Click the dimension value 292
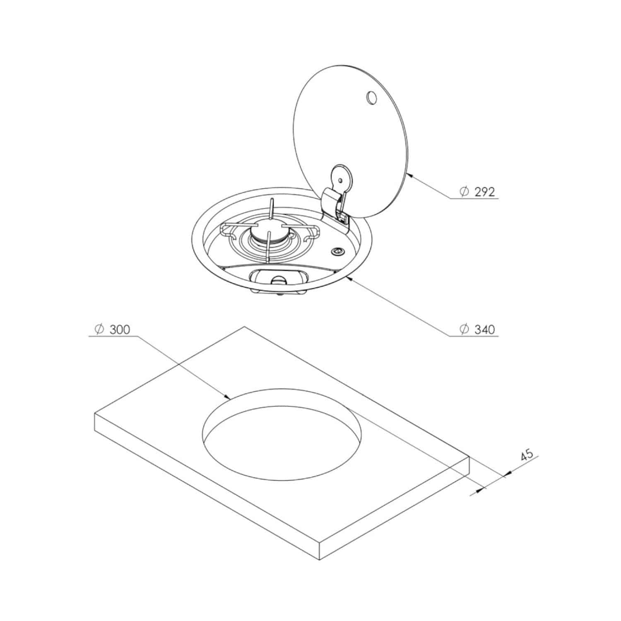tap(485, 192)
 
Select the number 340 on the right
tap(485, 330)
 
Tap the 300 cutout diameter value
tap(120, 330)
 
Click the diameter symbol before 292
tap(465, 192)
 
